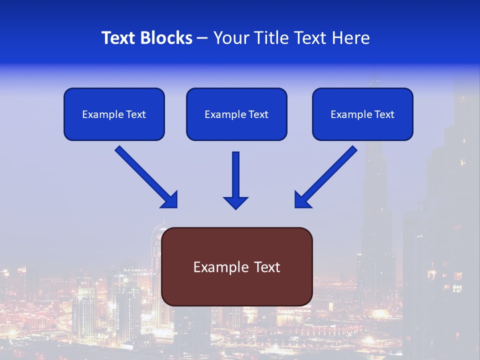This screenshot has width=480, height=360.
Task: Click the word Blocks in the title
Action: coord(167,38)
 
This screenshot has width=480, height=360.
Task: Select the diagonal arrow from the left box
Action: coord(142,173)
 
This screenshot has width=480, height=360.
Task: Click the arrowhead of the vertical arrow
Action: coord(235,202)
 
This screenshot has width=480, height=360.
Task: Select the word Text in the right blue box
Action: coord(384,114)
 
